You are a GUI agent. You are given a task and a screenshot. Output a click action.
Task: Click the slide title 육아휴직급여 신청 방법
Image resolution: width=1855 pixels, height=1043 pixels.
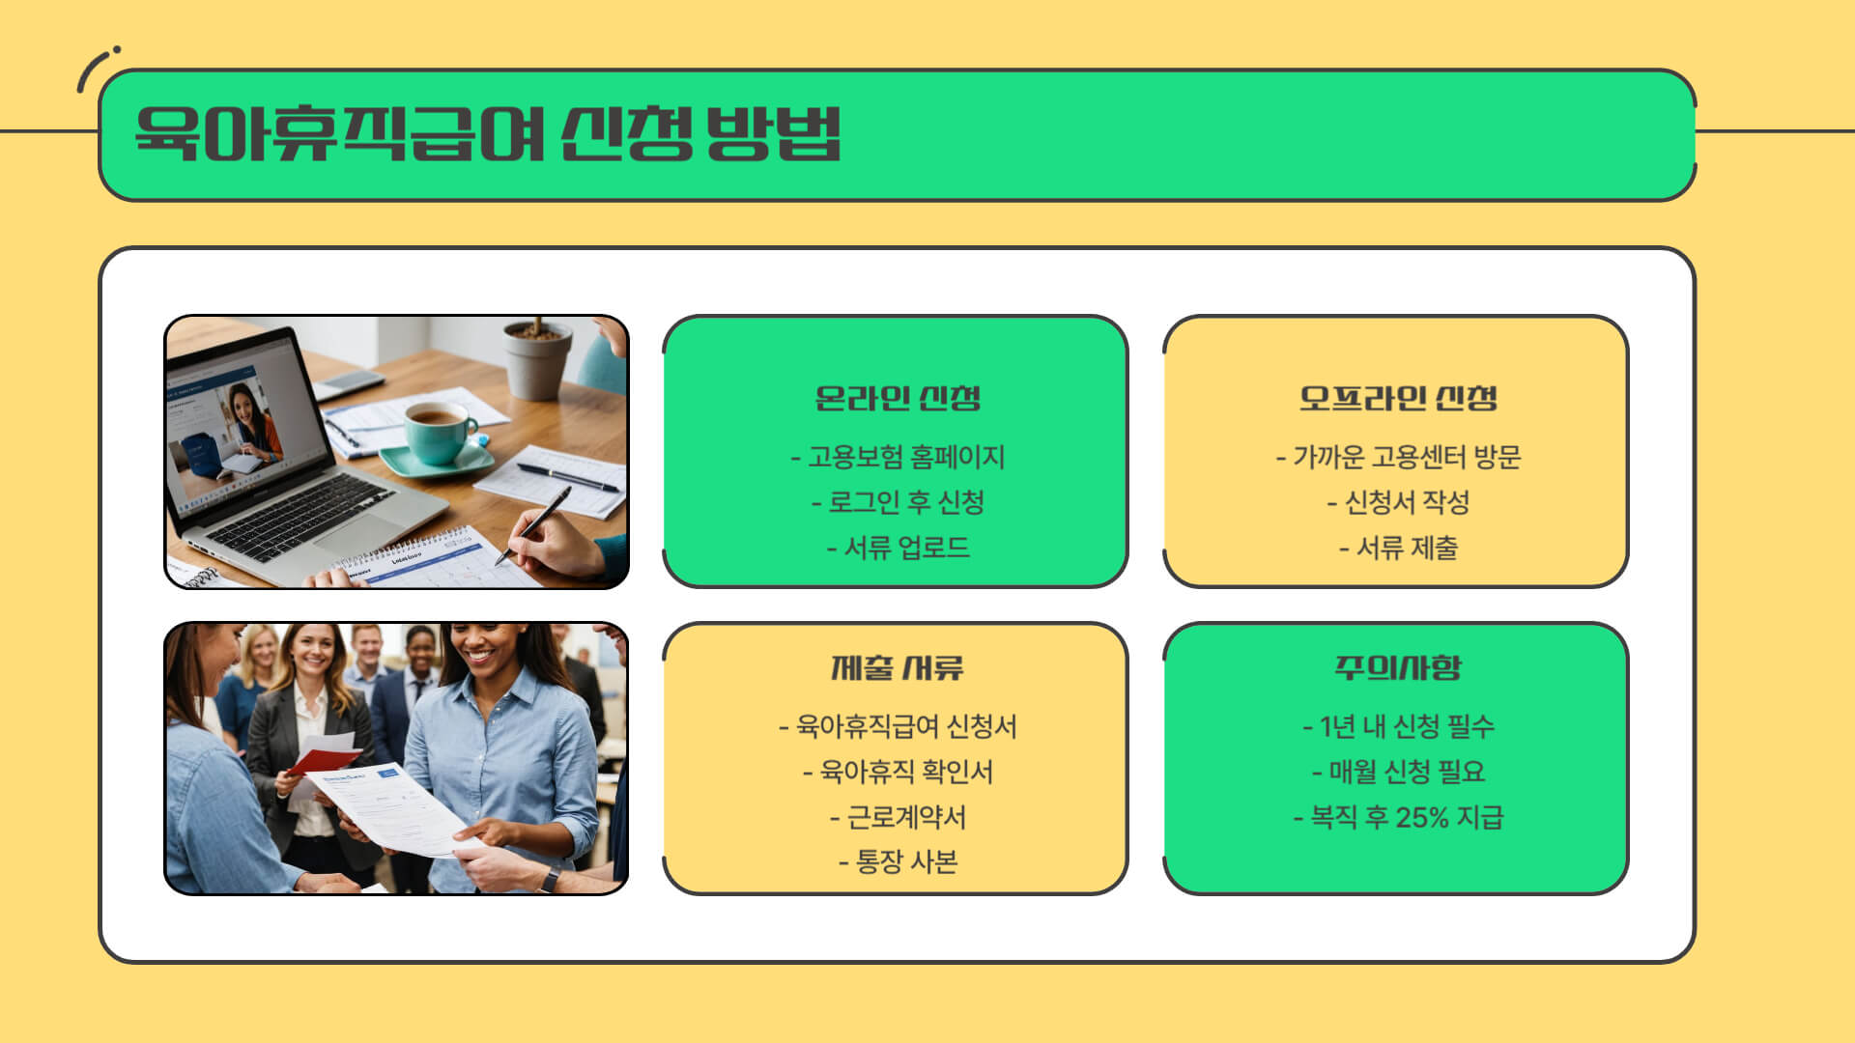pos(488,134)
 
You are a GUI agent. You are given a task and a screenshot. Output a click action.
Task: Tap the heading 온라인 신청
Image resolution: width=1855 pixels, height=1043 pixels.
pos(897,398)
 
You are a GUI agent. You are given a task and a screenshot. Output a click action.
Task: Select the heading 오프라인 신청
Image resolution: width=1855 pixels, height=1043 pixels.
pos(1397,398)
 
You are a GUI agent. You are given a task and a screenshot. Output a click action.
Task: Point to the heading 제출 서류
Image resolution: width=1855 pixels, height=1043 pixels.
pos(897,667)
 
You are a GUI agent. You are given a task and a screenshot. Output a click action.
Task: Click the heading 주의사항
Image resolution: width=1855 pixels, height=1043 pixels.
pos(1397,667)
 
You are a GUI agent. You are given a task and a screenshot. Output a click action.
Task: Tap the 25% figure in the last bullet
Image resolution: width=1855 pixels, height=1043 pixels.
pos(1422,818)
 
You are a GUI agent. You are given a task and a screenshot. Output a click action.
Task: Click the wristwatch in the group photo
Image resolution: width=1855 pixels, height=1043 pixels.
pos(550,878)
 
